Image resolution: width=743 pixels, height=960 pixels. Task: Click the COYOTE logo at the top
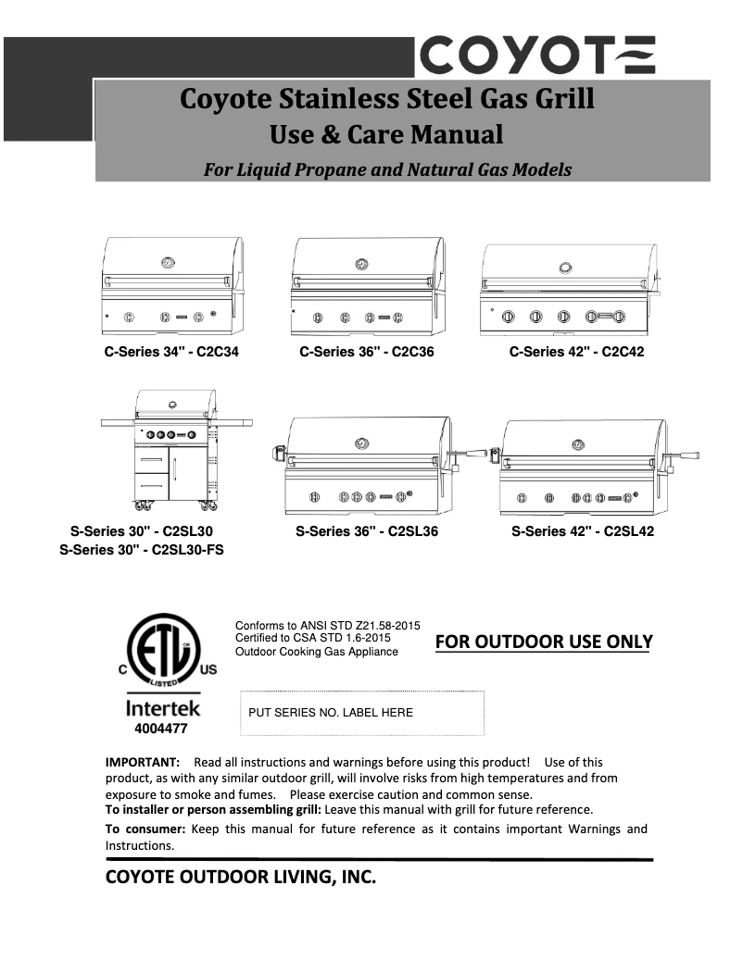(538, 55)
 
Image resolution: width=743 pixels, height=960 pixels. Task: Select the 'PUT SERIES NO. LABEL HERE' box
(362, 713)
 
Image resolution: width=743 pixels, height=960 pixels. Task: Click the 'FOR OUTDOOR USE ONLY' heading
(544, 642)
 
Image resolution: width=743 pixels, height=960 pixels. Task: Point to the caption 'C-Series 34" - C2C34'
(170, 352)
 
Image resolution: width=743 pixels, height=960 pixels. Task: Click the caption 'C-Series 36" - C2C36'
(367, 352)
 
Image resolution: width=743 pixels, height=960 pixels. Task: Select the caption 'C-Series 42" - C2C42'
(576, 352)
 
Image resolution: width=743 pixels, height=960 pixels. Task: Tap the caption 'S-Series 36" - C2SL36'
(367, 531)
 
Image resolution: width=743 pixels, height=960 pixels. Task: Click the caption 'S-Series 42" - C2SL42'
(583, 531)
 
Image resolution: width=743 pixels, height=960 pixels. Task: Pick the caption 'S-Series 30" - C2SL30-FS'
(142, 549)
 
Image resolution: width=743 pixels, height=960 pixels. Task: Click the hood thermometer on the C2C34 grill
(168, 262)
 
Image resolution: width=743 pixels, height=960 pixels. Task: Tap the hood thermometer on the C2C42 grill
(565, 268)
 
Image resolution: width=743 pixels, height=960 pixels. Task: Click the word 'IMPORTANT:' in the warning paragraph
(142, 762)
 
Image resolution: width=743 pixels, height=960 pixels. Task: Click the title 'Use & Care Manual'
(385, 135)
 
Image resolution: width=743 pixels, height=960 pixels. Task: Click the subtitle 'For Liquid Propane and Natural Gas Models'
(387, 169)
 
